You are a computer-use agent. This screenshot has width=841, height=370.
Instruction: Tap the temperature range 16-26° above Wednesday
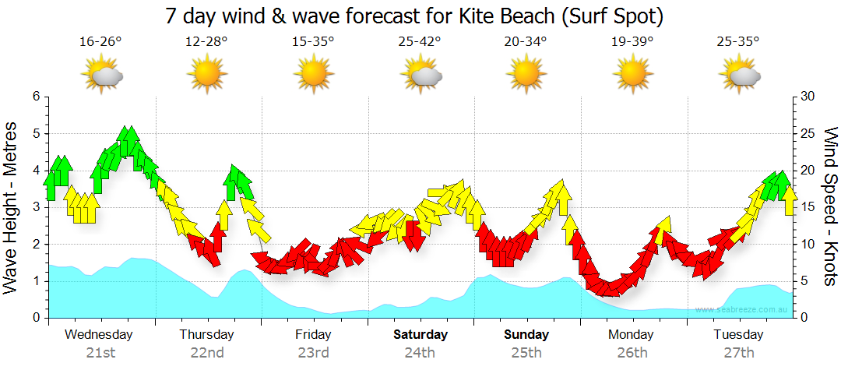(100, 42)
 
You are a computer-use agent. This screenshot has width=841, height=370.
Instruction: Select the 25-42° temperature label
(420, 42)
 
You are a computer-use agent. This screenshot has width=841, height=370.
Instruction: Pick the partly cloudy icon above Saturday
(421, 76)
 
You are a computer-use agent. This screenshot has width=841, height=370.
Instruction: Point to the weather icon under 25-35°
(739, 76)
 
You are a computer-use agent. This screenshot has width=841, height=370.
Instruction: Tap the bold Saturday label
(420, 335)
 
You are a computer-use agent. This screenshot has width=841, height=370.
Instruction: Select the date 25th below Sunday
(526, 353)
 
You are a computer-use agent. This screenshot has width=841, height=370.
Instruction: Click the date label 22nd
(207, 353)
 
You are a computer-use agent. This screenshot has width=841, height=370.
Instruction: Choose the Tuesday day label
(738, 335)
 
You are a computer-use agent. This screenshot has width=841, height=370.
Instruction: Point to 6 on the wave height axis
(35, 97)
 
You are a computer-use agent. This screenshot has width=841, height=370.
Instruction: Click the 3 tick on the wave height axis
(35, 207)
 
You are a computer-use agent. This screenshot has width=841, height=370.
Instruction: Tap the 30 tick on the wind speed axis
(808, 97)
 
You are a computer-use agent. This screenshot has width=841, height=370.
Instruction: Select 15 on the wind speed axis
(808, 207)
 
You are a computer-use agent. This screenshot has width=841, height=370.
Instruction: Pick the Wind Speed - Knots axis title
(830, 207)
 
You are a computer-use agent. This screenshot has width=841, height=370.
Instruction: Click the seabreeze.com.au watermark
(743, 310)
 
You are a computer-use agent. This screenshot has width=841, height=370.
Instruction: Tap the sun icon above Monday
(632, 76)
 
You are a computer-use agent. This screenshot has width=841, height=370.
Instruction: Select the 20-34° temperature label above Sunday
(526, 42)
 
